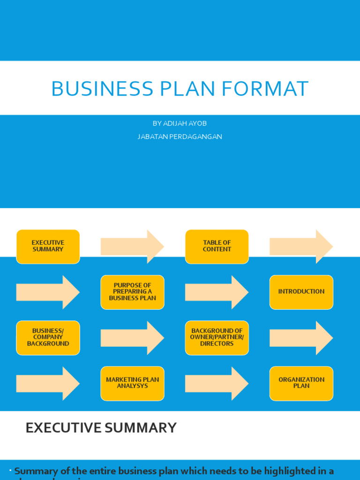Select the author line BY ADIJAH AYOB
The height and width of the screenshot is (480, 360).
(x=180, y=123)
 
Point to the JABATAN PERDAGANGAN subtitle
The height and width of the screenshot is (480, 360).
(x=180, y=137)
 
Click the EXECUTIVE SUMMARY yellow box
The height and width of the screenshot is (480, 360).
(x=48, y=247)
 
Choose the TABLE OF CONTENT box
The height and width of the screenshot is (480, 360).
(x=217, y=247)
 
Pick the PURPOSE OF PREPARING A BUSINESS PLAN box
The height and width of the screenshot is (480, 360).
(x=132, y=292)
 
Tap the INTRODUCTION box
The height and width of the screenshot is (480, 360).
(x=301, y=292)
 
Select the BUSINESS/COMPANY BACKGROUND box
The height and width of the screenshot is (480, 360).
(x=48, y=337)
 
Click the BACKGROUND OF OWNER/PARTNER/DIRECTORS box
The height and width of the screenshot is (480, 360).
(x=217, y=337)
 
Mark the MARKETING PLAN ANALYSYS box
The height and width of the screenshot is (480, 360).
(x=132, y=383)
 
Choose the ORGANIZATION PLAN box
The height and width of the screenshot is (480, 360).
(x=301, y=383)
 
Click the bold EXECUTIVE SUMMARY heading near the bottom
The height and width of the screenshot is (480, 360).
(x=101, y=427)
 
